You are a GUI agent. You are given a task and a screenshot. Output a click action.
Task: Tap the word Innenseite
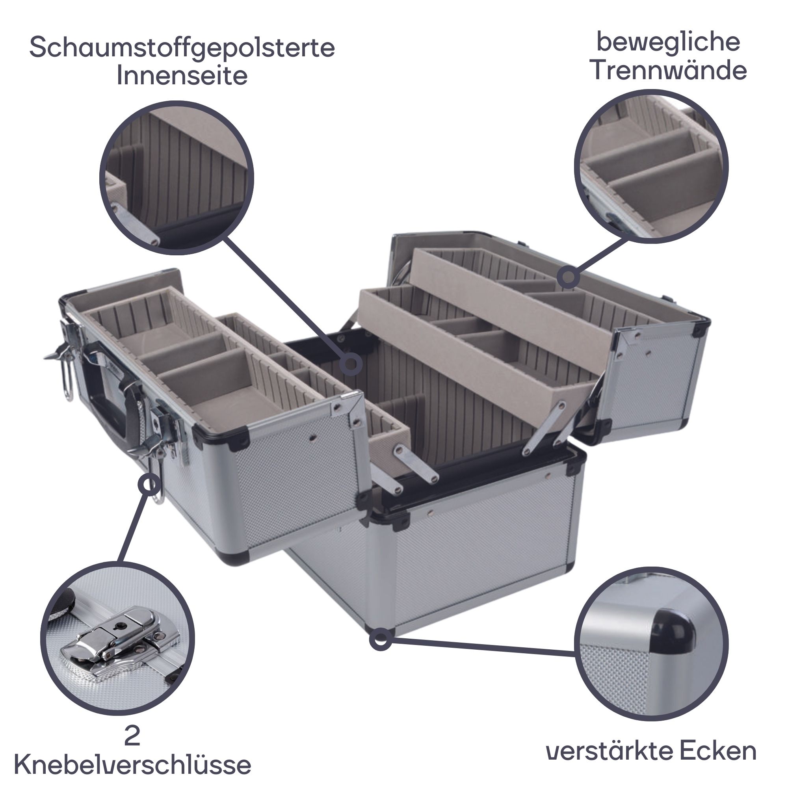coord(182,76)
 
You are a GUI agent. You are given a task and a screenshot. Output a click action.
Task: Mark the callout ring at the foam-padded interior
coord(351,364)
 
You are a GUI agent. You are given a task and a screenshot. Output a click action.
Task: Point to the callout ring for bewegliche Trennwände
coord(568,278)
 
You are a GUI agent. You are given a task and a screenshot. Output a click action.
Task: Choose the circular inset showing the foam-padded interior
coord(177,178)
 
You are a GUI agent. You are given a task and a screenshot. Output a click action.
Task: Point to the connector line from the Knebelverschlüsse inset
coord(134,531)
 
